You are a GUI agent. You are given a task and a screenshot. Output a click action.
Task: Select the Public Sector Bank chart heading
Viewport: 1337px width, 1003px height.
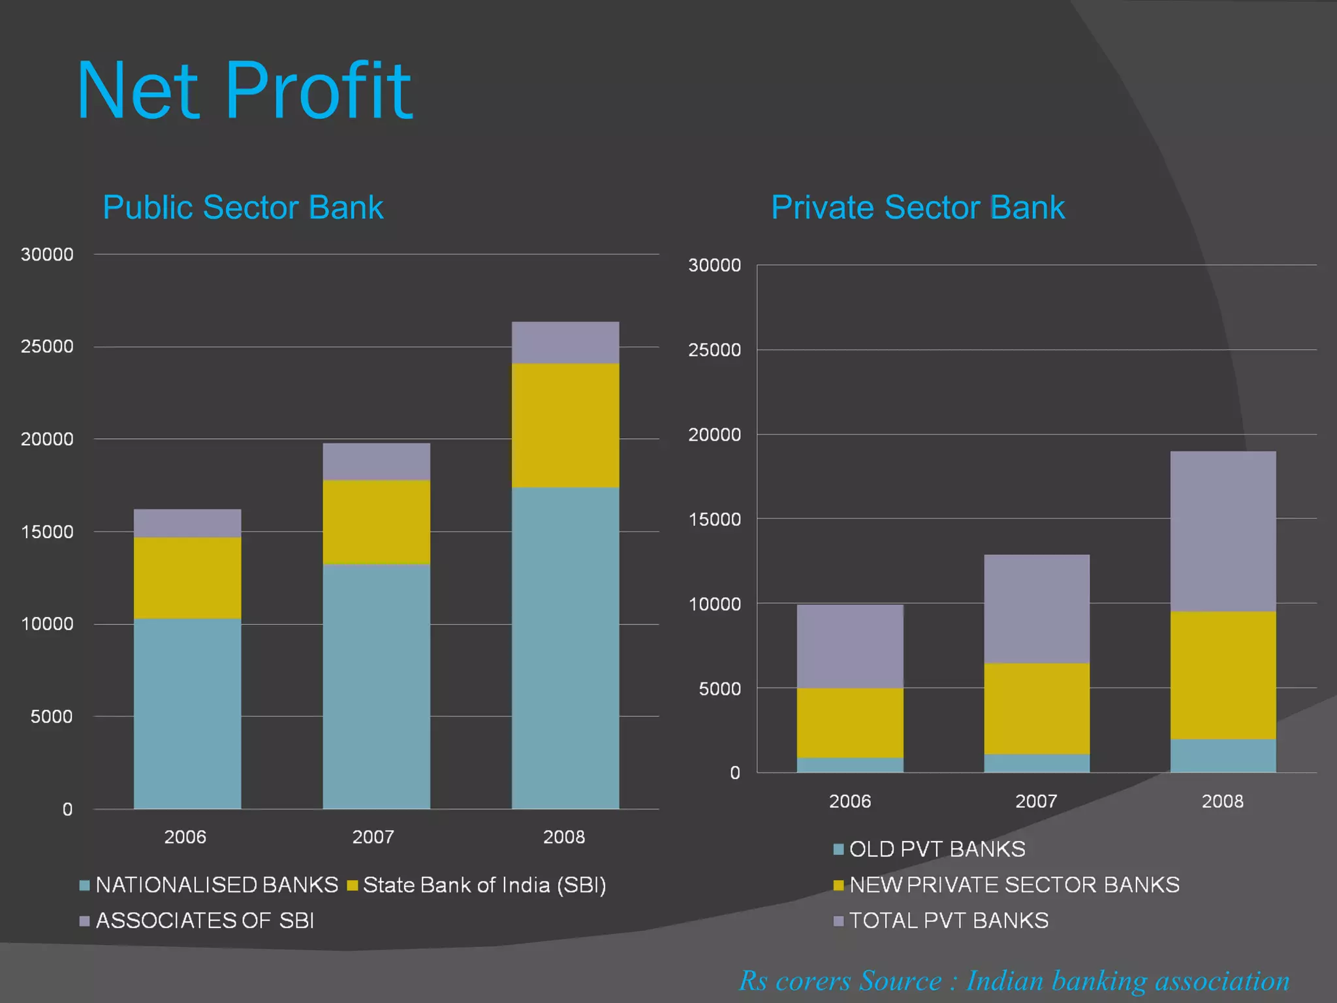(243, 208)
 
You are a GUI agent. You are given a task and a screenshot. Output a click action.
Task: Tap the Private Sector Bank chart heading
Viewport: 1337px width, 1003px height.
(917, 208)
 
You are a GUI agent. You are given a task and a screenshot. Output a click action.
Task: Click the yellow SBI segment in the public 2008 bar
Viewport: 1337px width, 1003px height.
(565, 425)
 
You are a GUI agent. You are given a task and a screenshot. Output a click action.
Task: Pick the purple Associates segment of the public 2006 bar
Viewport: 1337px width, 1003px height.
(187, 523)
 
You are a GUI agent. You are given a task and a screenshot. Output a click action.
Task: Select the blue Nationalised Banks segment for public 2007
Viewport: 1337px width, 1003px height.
(376, 686)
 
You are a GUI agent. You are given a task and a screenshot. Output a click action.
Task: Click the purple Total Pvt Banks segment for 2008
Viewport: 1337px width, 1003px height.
(1223, 531)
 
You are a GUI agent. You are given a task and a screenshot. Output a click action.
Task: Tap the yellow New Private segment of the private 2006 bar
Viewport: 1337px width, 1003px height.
(850, 722)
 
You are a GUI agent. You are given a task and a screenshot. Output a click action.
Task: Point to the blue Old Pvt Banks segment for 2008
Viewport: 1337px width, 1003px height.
(1223, 756)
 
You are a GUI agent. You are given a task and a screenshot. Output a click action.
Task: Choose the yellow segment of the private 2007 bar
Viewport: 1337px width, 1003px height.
(1037, 708)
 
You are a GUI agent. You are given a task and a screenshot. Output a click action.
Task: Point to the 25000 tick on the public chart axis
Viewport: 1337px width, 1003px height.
(47, 347)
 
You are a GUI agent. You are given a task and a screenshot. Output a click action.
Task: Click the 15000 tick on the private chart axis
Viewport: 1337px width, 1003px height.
(715, 520)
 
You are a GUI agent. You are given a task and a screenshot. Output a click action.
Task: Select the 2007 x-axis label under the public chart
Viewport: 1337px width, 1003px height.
(373, 837)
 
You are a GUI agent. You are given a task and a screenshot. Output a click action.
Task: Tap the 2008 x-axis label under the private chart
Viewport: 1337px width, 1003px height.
(1223, 801)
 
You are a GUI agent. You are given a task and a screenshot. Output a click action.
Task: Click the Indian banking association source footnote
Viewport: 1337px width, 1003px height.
(1014, 981)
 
